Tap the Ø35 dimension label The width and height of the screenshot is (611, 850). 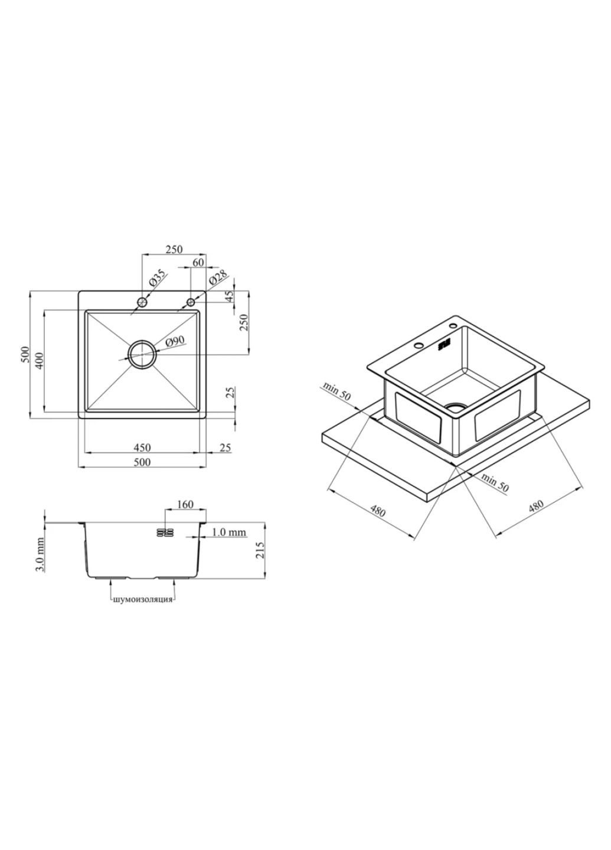(x=158, y=277)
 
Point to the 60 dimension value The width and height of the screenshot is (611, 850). (x=198, y=262)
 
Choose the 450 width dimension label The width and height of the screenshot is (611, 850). (x=142, y=448)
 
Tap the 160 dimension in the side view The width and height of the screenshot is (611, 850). (x=185, y=504)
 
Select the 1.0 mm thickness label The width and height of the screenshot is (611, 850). (x=229, y=532)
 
